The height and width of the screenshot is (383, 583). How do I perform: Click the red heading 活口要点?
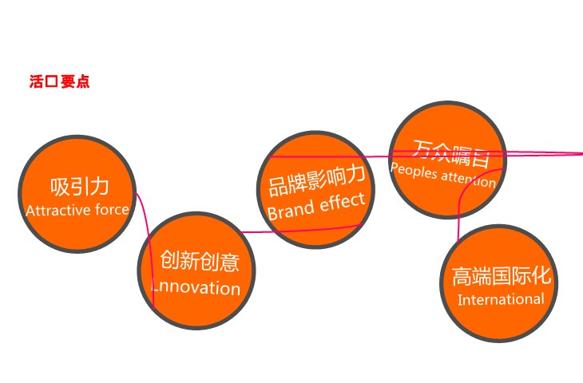point(59,81)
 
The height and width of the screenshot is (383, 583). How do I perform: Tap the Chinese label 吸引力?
point(79,187)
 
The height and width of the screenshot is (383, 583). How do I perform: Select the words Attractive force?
point(77,211)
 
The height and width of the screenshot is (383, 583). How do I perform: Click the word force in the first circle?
point(112,210)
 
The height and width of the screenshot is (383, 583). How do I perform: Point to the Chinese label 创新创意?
point(200,261)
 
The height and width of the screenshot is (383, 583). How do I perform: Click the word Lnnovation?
point(196,288)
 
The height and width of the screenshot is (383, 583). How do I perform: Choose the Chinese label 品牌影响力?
point(316,181)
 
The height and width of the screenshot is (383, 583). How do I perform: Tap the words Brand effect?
point(316,207)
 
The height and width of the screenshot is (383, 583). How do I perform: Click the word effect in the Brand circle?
point(343,203)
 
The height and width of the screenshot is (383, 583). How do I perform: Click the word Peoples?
point(414,171)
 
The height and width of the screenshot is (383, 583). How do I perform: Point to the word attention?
point(469,179)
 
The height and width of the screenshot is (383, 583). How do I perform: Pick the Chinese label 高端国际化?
point(502,276)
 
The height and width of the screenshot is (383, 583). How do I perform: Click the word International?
point(501,299)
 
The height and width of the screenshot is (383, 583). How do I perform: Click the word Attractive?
point(59,211)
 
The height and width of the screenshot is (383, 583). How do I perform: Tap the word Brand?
point(291,211)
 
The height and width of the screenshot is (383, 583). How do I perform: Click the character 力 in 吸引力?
point(99,187)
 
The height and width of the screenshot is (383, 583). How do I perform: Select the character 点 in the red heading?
point(83,81)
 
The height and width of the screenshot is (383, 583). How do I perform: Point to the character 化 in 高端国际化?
point(541,275)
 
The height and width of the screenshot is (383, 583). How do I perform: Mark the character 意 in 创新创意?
point(229,262)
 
